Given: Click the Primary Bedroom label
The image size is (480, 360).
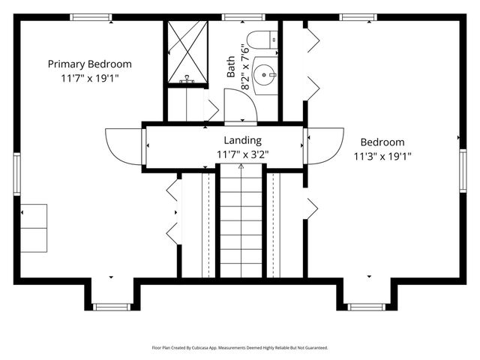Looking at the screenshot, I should tap(89, 64).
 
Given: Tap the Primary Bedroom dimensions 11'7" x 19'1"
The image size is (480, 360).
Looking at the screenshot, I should tap(89, 77).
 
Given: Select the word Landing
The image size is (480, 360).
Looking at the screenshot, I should tap(242, 140).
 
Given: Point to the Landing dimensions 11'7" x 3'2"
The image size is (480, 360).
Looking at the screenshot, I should tap(242, 154).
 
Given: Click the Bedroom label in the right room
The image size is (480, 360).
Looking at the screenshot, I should tap(382, 142).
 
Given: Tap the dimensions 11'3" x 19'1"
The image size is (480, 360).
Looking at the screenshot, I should tap(382, 156).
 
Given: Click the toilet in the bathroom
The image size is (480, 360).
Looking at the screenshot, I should tap(262, 40).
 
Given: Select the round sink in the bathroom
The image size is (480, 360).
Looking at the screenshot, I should tap(265, 74).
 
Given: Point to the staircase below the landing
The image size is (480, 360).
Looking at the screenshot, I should tap(241, 225).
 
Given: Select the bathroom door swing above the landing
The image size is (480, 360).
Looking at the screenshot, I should tap(241, 109).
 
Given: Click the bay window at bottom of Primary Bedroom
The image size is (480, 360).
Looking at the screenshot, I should tap(112, 306).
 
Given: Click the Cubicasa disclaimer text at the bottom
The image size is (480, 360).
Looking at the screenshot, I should tap(239, 348).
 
